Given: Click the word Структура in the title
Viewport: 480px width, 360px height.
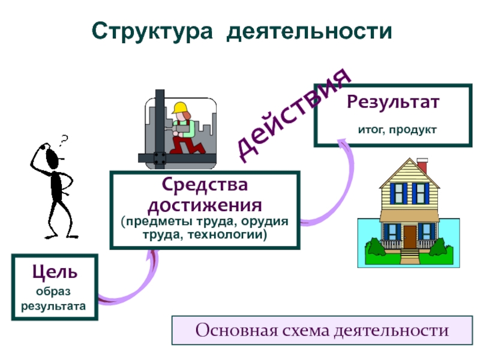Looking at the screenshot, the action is coord(154,31).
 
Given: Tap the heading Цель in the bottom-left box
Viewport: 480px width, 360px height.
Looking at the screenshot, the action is coord(55,272).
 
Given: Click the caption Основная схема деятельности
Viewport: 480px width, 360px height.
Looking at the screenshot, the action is coord(322,331).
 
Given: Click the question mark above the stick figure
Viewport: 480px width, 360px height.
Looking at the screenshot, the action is coord(64,140).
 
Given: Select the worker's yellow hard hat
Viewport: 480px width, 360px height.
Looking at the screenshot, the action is coord(180,108).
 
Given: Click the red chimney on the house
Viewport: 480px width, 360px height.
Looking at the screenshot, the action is coord(422,164).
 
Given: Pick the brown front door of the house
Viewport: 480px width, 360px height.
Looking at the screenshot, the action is coord(409,233).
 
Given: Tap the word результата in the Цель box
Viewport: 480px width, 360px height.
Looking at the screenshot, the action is coord(54,306).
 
